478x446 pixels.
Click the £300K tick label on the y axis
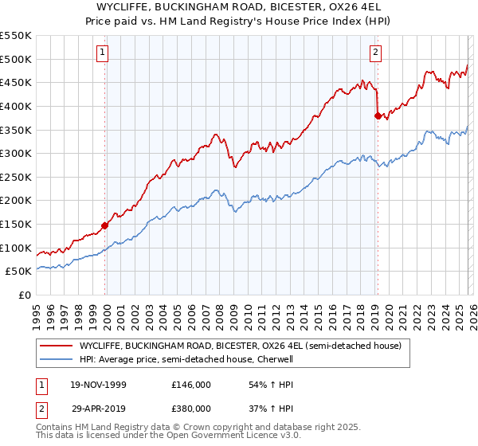tap(16, 153)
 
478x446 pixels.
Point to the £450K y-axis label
tap(16, 82)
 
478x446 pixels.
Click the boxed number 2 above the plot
tap(375, 53)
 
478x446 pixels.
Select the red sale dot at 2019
tap(378, 115)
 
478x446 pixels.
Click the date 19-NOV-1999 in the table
tap(98, 385)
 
